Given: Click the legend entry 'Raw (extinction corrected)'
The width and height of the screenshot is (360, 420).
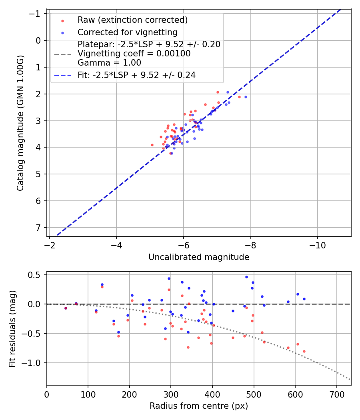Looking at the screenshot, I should pyautogui.click(x=132, y=20).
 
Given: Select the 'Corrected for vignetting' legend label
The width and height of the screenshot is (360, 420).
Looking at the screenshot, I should pyautogui.click(x=127, y=32).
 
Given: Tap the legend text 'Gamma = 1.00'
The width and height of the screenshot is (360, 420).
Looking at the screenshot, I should pyautogui.click(x=109, y=62).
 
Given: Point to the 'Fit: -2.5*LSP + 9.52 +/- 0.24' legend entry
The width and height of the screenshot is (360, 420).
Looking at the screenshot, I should pyautogui.click(x=136, y=75).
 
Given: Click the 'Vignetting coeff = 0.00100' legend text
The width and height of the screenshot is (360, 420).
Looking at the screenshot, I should pyautogui.click(x=134, y=53).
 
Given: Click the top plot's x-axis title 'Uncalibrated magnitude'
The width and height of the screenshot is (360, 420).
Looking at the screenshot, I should pyautogui.click(x=199, y=257).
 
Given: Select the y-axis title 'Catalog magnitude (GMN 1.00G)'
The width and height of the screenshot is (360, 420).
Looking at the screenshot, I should pyautogui.click(x=21, y=123).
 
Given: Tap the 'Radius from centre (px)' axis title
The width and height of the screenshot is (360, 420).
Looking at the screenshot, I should pyautogui.click(x=199, y=406).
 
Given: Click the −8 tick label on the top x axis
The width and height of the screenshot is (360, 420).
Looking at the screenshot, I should pyautogui.click(x=251, y=244).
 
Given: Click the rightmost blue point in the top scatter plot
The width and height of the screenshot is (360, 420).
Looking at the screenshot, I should pyautogui.click(x=246, y=97).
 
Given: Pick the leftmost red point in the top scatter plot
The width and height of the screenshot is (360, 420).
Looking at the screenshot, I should pyautogui.click(x=152, y=145).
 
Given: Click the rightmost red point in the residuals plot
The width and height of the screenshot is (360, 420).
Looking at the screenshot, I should pyautogui.click(x=304, y=351).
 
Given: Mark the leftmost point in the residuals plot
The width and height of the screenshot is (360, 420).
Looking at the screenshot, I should pyautogui.click(x=66, y=308).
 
